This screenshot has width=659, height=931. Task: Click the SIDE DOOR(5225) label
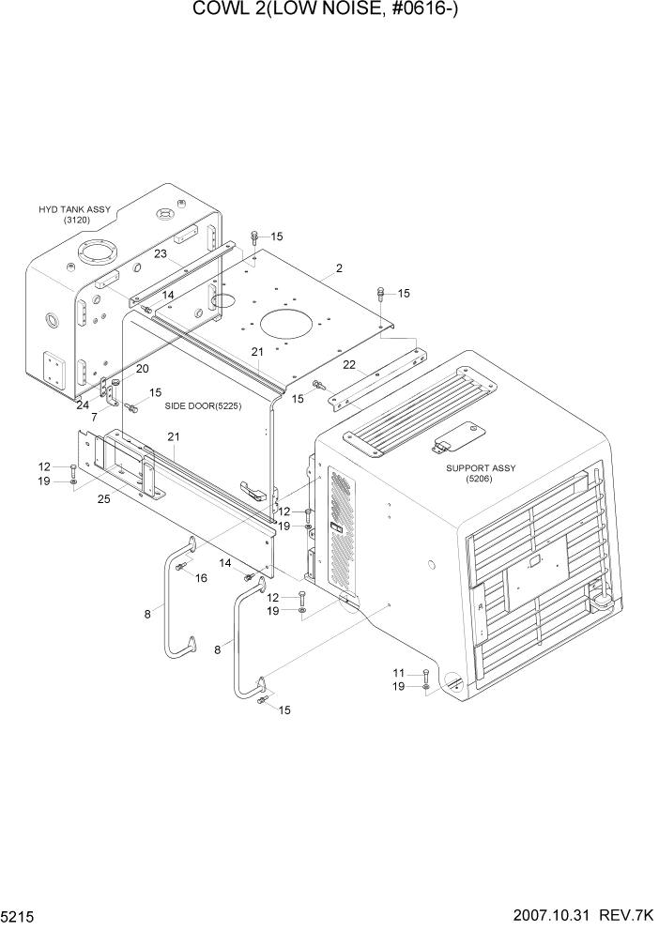(205, 405)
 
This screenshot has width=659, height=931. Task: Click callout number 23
(161, 253)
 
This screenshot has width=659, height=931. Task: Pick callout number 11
(399, 673)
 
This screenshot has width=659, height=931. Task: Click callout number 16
(201, 577)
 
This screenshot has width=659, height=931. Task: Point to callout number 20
(143, 369)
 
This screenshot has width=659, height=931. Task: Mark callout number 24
(84, 405)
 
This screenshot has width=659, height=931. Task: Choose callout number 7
(94, 416)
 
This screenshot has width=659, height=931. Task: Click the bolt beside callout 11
(425, 676)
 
